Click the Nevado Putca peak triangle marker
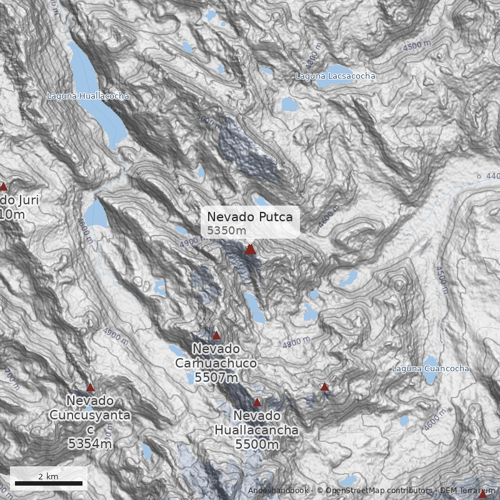[250, 249]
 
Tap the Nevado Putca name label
[249, 217]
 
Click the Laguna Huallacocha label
[88, 96]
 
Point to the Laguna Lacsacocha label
[336, 76]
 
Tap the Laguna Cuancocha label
[430, 369]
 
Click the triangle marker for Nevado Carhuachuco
[216, 336]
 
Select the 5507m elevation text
[216, 377]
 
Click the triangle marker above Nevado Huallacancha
[257, 402]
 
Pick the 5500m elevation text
[256, 444]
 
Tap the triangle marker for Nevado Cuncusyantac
[90, 387]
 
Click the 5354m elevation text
[90, 444]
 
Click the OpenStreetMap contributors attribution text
[375, 491]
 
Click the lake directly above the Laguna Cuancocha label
[430, 361]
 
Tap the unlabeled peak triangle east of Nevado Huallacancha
[324, 387]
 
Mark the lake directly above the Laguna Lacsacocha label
[334, 69]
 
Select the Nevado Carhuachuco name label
[216, 356]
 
